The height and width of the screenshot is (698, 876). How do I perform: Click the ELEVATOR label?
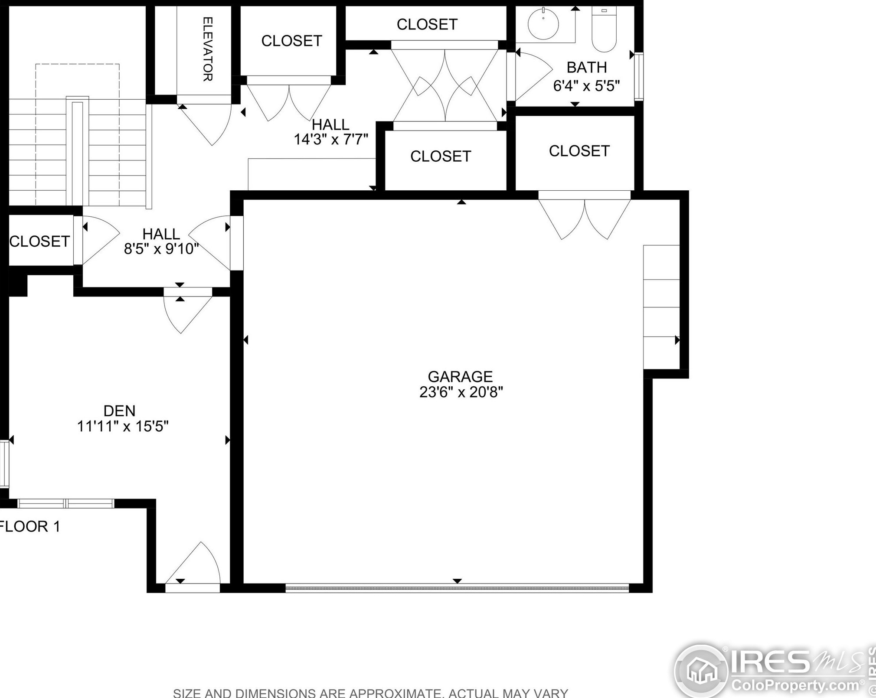tap(208, 49)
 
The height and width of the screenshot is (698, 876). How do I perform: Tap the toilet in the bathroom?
tap(604, 29)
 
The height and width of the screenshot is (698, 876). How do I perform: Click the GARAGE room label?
tap(460, 376)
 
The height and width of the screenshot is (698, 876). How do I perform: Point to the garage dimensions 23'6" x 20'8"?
tap(461, 392)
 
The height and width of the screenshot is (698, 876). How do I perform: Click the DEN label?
tap(119, 411)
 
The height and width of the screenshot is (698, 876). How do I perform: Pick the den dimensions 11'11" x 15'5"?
tap(123, 426)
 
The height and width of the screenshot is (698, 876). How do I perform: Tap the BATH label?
tap(587, 68)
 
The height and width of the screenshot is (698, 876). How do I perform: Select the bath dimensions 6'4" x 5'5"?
tap(586, 86)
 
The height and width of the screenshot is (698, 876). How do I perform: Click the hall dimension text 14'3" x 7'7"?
tap(331, 139)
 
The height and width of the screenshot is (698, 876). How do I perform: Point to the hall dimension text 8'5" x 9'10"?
tap(161, 249)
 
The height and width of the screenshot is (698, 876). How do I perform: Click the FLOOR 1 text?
tap(29, 526)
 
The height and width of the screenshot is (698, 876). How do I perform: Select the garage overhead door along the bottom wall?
tap(457, 588)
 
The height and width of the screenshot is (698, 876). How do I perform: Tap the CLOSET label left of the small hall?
tap(39, 241)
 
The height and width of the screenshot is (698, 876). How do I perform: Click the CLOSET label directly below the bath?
tap(579, 151)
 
